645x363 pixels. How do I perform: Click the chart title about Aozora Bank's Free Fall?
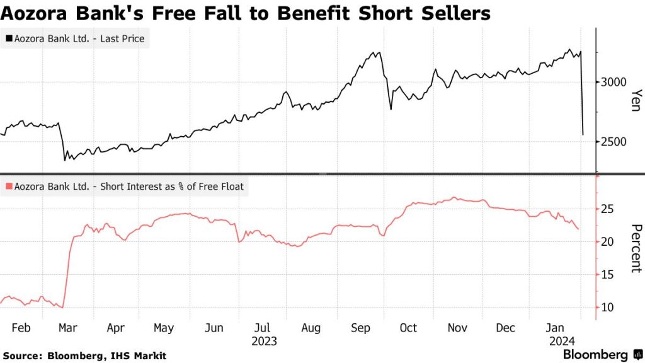[246, 13]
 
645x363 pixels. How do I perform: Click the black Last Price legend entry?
[75, 39]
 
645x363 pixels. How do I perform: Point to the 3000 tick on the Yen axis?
[613, 82]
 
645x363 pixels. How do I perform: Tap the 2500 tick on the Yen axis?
[613, 142]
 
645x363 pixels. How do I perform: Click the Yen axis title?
[635, 100]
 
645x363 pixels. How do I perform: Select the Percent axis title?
[635, 248]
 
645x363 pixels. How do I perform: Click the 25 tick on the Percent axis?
[608, 209]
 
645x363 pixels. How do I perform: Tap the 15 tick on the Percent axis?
[608, 275]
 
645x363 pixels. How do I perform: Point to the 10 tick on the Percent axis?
[608, 308]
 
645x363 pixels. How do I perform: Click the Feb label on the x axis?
[21, 328]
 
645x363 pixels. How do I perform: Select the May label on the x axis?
[164, 328]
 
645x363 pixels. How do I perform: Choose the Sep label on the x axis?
[360, 328]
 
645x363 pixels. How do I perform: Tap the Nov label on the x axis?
[457, 328]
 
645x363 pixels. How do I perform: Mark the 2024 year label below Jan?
[555, 341]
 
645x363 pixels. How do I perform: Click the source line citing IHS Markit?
[84, 356]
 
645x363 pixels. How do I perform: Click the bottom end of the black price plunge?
[583, 134]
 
